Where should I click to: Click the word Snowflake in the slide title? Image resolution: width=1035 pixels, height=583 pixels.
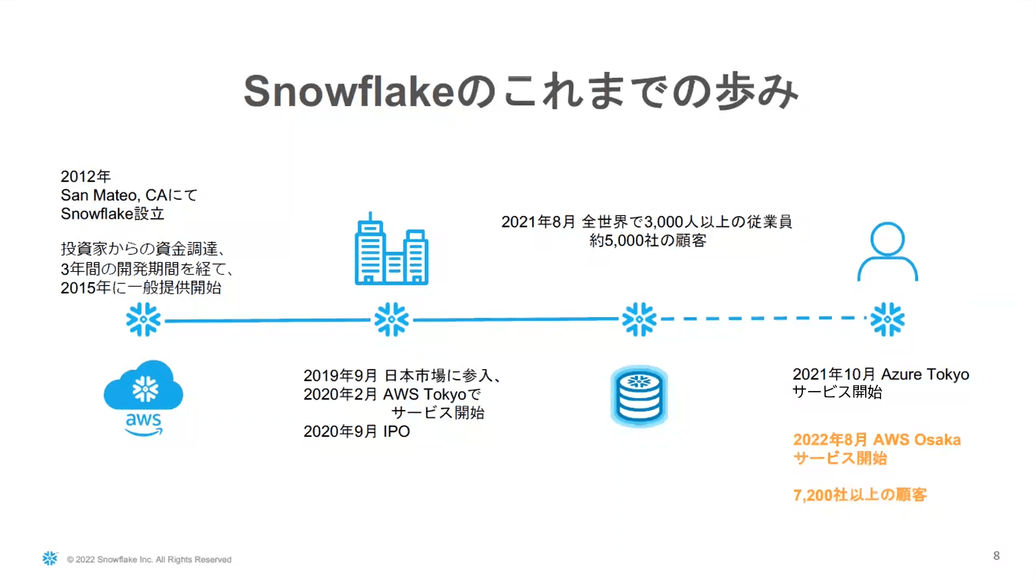point(349,91)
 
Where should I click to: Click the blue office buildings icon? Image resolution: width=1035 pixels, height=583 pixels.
point(392,248)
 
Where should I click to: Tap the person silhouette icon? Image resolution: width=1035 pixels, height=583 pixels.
point(887,252)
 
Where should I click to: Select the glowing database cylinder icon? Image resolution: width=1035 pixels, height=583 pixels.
point(640,397)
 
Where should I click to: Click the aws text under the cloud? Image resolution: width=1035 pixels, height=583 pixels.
point(143,420)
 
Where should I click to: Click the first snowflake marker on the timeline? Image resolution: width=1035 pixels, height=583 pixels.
point(143,320)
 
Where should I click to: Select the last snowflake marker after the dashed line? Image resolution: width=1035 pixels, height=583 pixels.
point(887,319)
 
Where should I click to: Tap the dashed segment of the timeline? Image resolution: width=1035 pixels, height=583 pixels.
point(764,318)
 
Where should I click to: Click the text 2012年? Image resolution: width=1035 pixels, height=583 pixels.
point(86,176)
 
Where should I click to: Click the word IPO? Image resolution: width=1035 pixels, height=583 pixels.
point(397,432)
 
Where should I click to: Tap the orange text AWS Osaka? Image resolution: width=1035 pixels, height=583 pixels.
point(916,440)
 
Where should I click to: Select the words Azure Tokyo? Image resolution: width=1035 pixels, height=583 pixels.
point(925,374)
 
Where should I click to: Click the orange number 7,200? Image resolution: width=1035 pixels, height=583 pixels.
point(813,495)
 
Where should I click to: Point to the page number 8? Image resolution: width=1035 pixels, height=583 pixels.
point(996,556)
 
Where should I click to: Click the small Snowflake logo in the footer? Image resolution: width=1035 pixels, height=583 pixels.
point(50,558)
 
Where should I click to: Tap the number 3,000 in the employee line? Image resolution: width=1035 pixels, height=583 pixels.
point(663,222)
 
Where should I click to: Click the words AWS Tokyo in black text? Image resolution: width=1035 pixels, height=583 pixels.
point(425,394)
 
